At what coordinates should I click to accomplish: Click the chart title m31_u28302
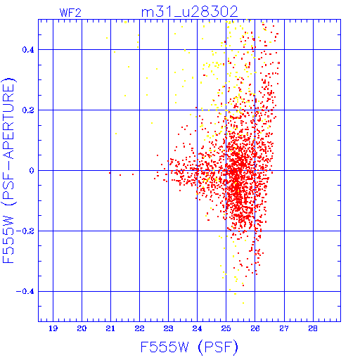(x=190, y=12)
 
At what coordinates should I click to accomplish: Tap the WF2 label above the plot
(x=70, y=13)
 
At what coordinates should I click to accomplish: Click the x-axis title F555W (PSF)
(x=189, y=347)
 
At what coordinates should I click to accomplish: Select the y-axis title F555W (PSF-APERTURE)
(x=9, y=170)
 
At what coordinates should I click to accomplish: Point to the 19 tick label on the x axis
(x=53, y=328)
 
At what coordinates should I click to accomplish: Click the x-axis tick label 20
(x=82, y=328)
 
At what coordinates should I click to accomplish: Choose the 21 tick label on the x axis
(x=110, y=328)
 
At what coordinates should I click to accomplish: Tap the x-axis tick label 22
(x=139, y=328)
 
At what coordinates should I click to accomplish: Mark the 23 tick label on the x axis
(x=168, y=328)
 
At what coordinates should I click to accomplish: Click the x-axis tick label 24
(x=197, y=328)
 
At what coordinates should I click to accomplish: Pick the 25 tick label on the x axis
(x=226, y=328)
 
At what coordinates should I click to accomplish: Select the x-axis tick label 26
(x=255, y=328)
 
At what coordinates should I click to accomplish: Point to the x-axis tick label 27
(x=284, y=328)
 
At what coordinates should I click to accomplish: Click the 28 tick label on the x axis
(x=313, y=328)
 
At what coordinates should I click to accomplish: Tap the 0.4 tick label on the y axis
(x=28, y=50)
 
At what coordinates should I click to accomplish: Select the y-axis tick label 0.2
(x=28, y=110)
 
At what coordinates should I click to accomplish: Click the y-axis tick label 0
(x=32, y=171)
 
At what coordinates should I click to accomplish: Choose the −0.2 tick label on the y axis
(x=25, y=231)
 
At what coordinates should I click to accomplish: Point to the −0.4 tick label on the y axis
(x=25, y=292)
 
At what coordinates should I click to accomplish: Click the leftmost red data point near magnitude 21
(x=110, y=173)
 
